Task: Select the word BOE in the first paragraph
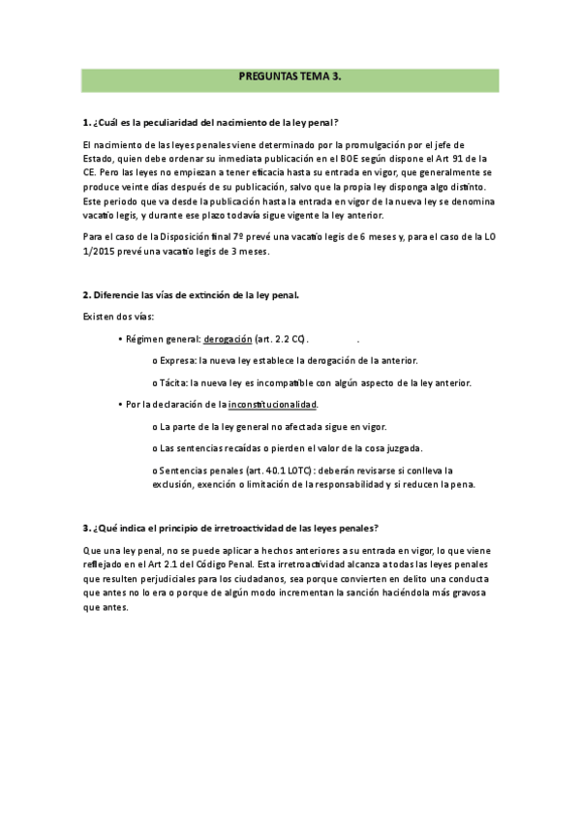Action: tap(386, 158)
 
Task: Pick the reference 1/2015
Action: tap(100, 252)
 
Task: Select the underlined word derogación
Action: tap(228, 339)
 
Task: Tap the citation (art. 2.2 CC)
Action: tap(282, 339)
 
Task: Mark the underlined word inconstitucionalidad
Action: tap(272, 404)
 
